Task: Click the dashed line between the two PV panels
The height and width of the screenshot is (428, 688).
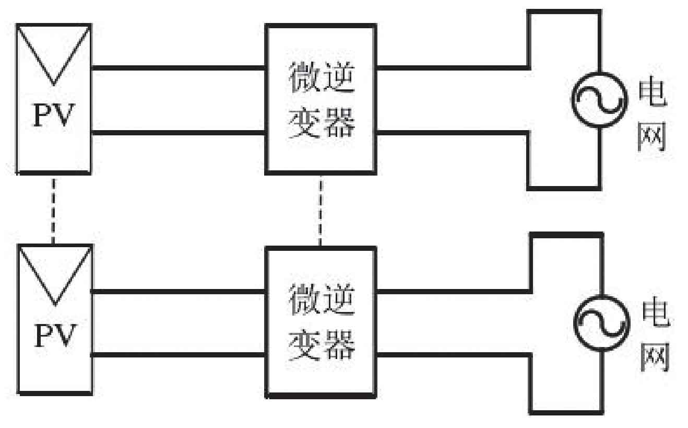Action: coord(53,209)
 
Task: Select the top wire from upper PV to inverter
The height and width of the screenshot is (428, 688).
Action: coord(177,67)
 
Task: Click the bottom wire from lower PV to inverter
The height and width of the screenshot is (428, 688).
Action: coord(177,355)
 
